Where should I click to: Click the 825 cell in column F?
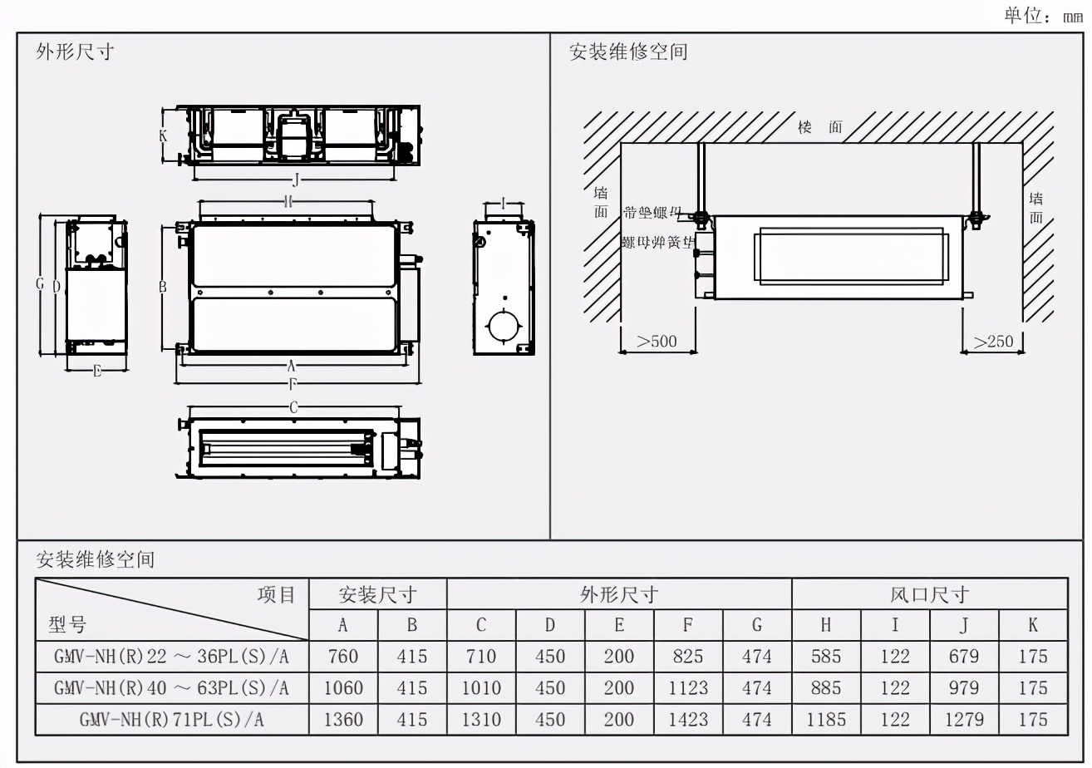click(x=688, y=657)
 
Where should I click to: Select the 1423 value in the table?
click(x=688, y=719)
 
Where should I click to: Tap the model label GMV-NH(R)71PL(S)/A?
click(x=171, y=719)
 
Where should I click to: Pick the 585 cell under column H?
click(x=826, y=657)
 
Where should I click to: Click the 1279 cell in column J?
click(x=964, y=719)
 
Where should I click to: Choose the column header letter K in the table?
click(x=1033, y=625)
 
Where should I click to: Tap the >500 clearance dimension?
click(x=657, y=342)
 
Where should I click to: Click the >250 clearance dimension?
click(x=993, y=342)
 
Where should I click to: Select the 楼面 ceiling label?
click(x=819, y=127)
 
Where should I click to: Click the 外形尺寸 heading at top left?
click(x=75, y=52)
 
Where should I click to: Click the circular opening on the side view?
click(x=502, y=324)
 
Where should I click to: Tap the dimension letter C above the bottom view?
click(x=293, y=406)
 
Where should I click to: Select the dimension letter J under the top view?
click(x=296, y=180)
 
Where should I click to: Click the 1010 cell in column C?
click(x=481, y=688)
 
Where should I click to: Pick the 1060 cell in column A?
click(x=342, y=688)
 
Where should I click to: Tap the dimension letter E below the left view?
click(x=97, y=371)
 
